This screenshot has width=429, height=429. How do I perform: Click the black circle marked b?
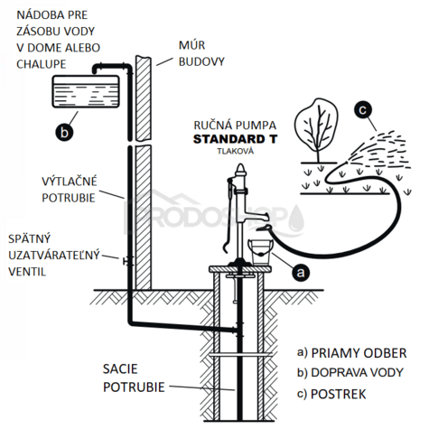coord(65,132)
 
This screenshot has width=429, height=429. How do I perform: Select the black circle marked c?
coord(363,111)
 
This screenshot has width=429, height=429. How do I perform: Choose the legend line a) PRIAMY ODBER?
coord(351,351)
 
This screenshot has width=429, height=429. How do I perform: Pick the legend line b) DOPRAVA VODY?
coord(355,371)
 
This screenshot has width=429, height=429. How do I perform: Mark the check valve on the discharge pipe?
coord(126,261)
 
